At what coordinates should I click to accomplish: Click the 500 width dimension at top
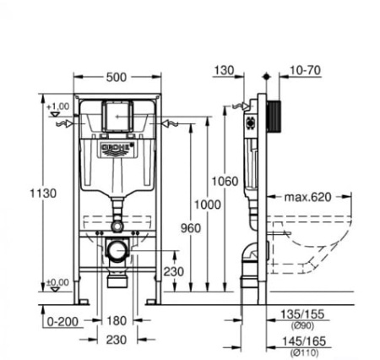coord(117,76)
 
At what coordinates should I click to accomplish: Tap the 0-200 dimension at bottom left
coord(62,320)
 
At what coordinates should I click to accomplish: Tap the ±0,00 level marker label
coord(57,282)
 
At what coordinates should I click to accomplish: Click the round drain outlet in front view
coord(117,251)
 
